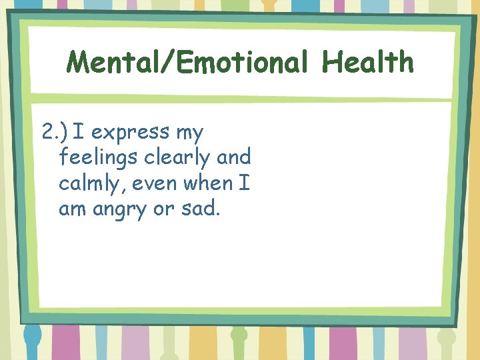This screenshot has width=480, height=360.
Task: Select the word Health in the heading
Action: (x=367, y=63)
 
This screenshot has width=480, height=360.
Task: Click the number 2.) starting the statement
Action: (x=55, y=132)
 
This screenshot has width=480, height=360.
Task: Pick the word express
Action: (x=130, y=132)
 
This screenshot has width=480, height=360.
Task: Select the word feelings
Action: (x=101, y=158)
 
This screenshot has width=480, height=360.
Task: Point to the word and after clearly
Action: (x=234, y=157)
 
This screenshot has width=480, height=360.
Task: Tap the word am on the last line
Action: (x=73, y=209)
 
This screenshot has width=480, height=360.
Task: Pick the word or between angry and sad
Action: (x=163, y=209)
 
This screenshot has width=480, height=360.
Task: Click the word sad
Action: (x=200, y=209)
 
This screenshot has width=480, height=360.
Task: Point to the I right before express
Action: (x=79, y=132)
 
